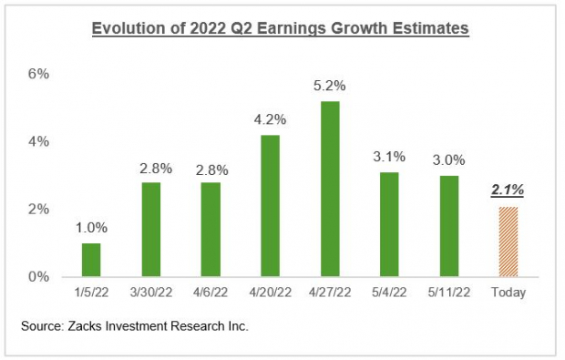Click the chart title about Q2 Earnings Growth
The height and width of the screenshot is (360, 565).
pos(282,29)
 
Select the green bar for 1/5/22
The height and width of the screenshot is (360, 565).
pos(91,260)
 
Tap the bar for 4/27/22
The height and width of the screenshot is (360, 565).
pos(330,189)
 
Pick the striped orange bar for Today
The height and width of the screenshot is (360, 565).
pos(508,242)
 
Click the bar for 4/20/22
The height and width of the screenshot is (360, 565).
pos(270,205)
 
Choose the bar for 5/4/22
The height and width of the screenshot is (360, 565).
pos(389,224)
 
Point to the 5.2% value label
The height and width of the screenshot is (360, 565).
pos(330,86)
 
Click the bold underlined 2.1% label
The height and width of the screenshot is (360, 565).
pos(508,190)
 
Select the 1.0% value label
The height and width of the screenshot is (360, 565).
pos(91,228)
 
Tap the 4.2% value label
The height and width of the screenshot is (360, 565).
pos(270,119)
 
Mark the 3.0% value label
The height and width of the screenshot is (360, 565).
pos(448,159)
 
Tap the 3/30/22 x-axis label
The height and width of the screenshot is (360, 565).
pos(151,293)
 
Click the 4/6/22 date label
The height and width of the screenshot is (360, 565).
pos(211,293)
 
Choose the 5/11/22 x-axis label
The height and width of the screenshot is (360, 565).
pos(448,293)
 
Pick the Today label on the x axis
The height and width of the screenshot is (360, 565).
pos(508,293)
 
